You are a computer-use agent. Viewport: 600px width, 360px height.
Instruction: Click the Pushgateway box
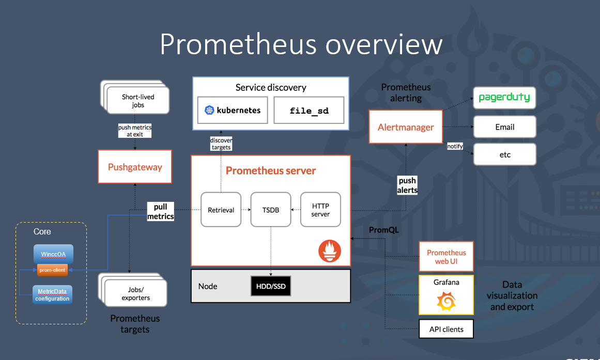[135, 167]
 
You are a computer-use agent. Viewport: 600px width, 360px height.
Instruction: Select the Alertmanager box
[406, 127]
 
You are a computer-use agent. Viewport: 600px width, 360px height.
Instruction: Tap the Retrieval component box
[221, 210]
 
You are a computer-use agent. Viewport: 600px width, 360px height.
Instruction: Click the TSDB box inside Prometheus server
[270, 210]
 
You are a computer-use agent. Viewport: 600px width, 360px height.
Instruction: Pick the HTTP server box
[320, 210]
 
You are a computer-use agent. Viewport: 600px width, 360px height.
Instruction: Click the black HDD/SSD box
[271, 286]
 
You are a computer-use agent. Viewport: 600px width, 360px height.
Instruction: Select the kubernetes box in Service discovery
[233, 110]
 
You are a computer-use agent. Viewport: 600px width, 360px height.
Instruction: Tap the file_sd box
[309, 110]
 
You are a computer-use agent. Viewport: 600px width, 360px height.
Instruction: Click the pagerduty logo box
[504, 98]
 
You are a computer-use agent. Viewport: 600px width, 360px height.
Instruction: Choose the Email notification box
[504, 127]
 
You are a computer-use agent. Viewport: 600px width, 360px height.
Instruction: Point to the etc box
[504, 154]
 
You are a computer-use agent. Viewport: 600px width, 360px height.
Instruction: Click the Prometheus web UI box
[446, 257]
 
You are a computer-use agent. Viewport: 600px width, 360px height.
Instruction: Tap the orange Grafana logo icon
[446, 302]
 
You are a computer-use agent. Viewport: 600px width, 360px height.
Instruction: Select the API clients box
[446, 329]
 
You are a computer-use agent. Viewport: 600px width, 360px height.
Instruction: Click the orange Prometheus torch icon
[329, 251]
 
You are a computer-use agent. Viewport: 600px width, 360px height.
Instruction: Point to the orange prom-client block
[52, 270]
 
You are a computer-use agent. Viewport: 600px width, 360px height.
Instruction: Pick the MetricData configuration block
[52, 295]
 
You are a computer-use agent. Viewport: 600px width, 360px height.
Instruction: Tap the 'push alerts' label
[407, 185]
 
